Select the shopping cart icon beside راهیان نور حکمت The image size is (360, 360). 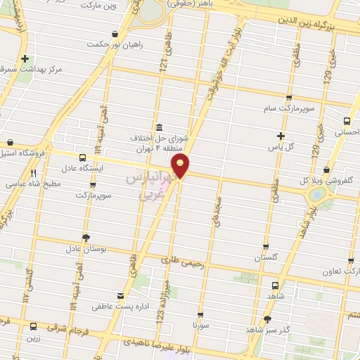pyautogui.click(x=115, y=33)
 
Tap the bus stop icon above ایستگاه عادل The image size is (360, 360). pyautogui.click(x=83, y=157)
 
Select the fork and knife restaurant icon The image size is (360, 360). pyautogui.click(x=33, y=172)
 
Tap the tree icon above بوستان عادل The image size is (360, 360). pyautogui.click(x=86, y=237)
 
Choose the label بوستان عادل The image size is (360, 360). pyautogui.click(x=85, y=249)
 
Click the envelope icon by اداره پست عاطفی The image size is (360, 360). pyautogui.click(x=121, y=295)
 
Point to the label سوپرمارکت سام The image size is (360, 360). pyautogui.click(x=288, y=110)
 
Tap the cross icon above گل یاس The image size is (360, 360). pyautogui.click(x=281, y=136)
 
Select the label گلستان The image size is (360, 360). pyautogui.click(x=265, y=258)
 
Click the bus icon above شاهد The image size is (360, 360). pyautogui.click(x=275, y=285)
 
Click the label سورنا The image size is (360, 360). pyautogui.click(x=202, y=327)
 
